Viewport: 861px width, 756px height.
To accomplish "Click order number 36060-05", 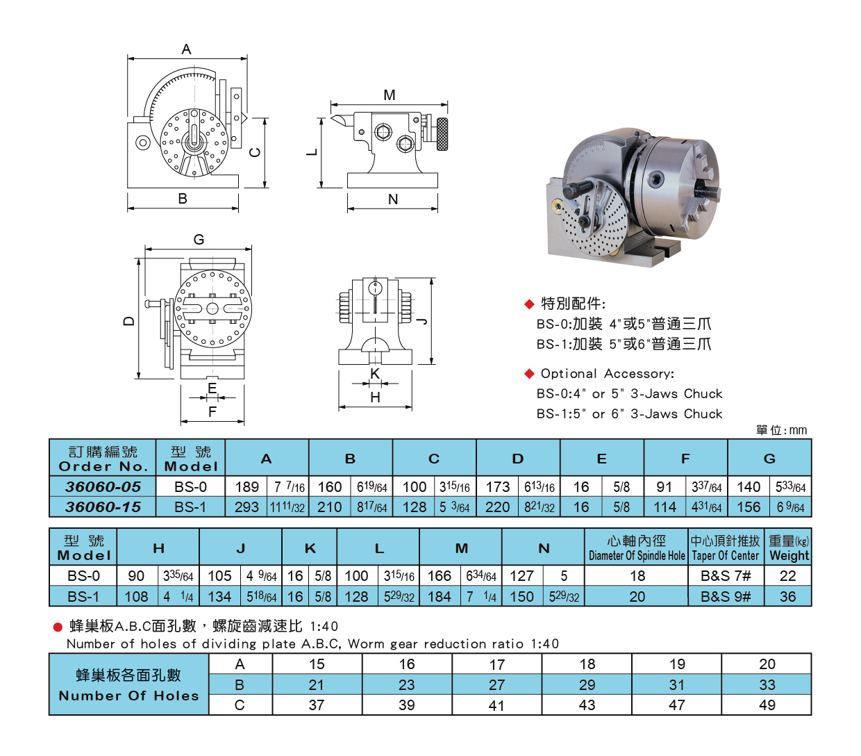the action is (103, 486).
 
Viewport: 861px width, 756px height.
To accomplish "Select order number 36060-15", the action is (103, 507).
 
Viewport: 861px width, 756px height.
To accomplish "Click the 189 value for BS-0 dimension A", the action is (246, 486).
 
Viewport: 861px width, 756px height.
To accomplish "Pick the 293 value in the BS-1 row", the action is (246, 507).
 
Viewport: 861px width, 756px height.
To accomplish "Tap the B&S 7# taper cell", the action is (725, 576).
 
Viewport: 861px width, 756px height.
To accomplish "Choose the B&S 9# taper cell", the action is (725, 596).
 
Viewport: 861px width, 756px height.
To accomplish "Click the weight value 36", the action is (787, 596).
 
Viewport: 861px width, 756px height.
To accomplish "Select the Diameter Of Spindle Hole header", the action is (636, 556).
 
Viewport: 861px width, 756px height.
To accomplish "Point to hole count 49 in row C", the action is (767, 705).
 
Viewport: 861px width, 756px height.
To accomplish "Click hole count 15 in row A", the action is (317, 664).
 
